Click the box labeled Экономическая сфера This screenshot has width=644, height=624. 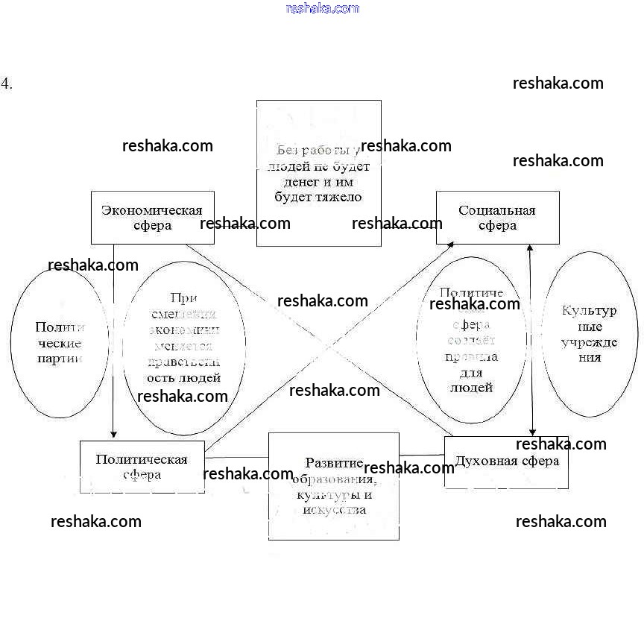pos(152,218)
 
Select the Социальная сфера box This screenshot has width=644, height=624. pos(497,218)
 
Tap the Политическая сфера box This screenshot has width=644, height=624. pos(142,467)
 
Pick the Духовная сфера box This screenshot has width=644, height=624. pos(506,462)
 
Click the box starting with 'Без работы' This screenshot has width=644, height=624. pos(318,173)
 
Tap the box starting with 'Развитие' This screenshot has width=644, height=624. pos(333,486)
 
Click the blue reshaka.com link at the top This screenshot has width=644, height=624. pos(322,8)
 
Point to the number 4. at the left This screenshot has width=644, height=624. pos(7,83)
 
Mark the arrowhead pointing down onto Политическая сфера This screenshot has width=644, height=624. pos(113,434)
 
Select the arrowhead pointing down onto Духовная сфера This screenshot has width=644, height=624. pos(532,432)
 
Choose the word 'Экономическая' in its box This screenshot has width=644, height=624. pos(152,209)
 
